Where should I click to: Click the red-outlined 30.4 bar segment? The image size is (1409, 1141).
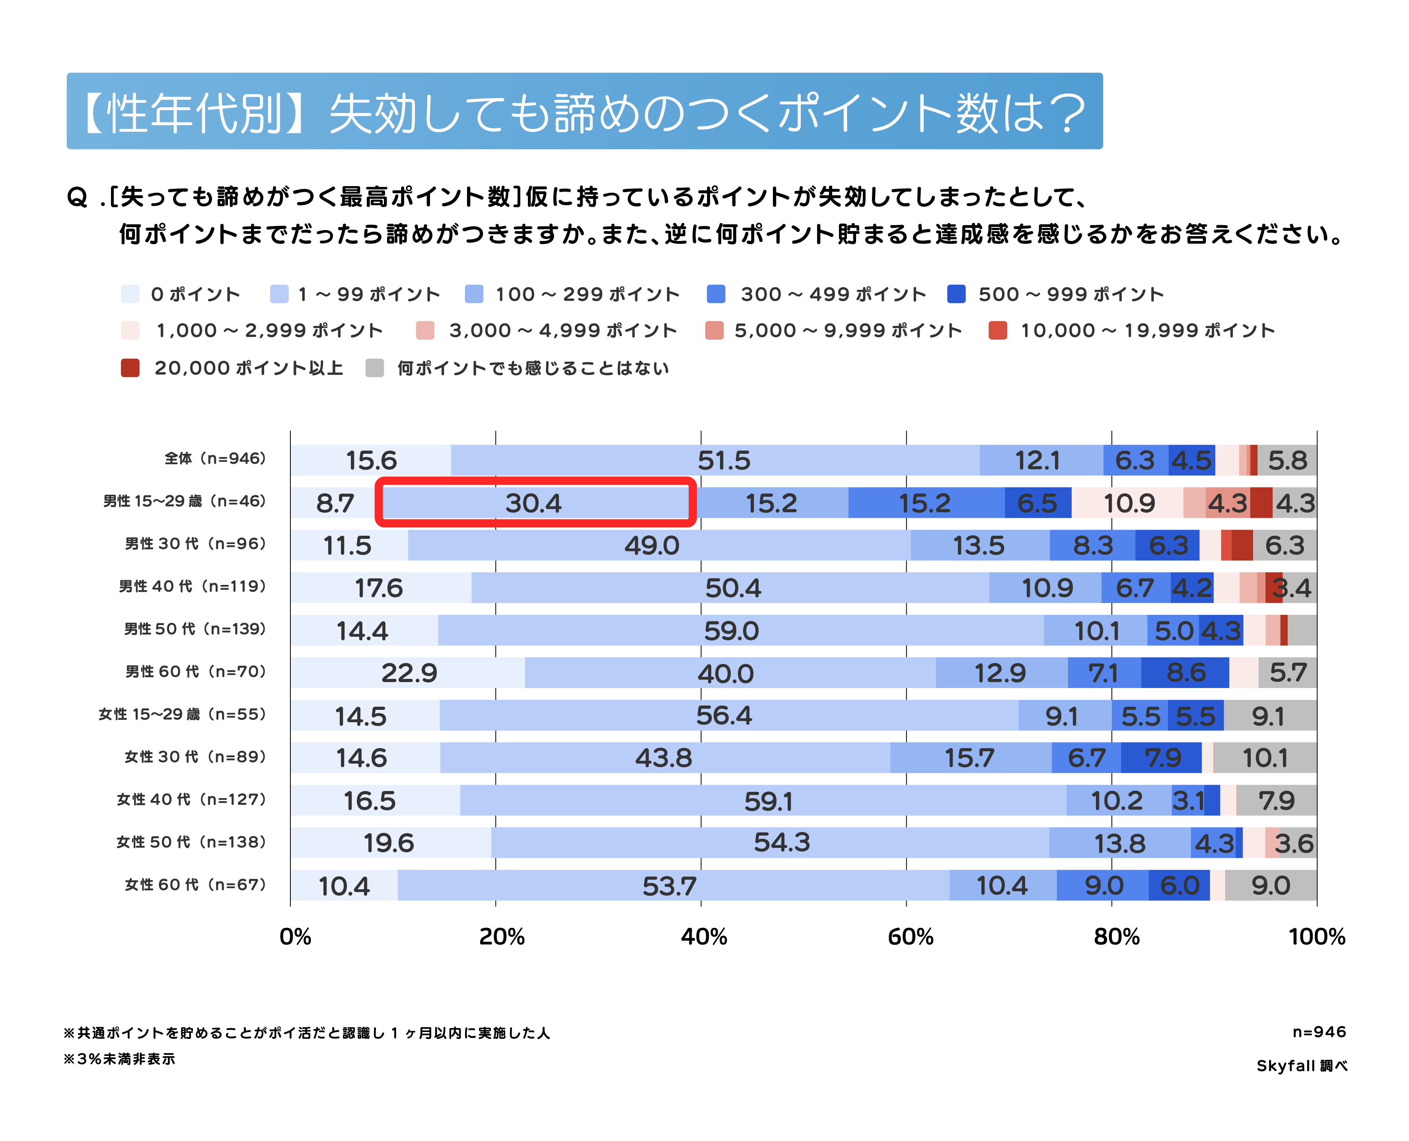[535, 503]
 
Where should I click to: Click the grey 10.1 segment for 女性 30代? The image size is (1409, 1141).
[1264, 758]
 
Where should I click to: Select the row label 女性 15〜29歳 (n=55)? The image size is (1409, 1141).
[182, 714]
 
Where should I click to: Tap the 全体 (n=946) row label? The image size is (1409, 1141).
[215, 458]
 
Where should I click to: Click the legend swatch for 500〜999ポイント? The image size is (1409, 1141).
[956, 294]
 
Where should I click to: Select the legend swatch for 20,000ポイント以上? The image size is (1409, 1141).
[130, 368]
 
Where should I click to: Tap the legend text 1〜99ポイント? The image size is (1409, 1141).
[369, 294]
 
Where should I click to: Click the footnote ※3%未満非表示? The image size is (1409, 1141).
[120, 1059]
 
